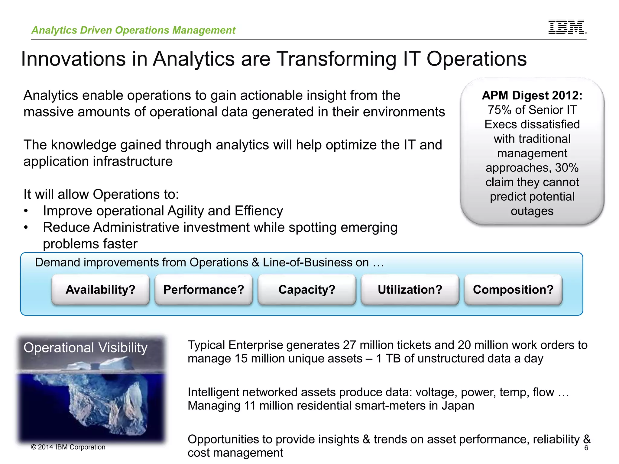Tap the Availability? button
click(x=100, y=289)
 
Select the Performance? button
click(x=204, y=289)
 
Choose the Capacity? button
click(x=307, y=289)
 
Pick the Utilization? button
click(x=410, y=289)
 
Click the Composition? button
click(x=513, y=289)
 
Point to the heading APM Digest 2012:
click(x=532, y=95)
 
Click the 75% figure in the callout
click(x=500, y=110)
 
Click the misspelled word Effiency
click(x=259, y=211)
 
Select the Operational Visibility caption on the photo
click(x=86, y=348)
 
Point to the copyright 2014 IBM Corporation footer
click(x=68, y=447)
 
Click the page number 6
click(x=586, y=448)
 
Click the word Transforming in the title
click(x=337, y=59)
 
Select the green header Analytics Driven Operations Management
click(x=133, y=30)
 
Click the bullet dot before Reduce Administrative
click(x=26, y=227)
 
